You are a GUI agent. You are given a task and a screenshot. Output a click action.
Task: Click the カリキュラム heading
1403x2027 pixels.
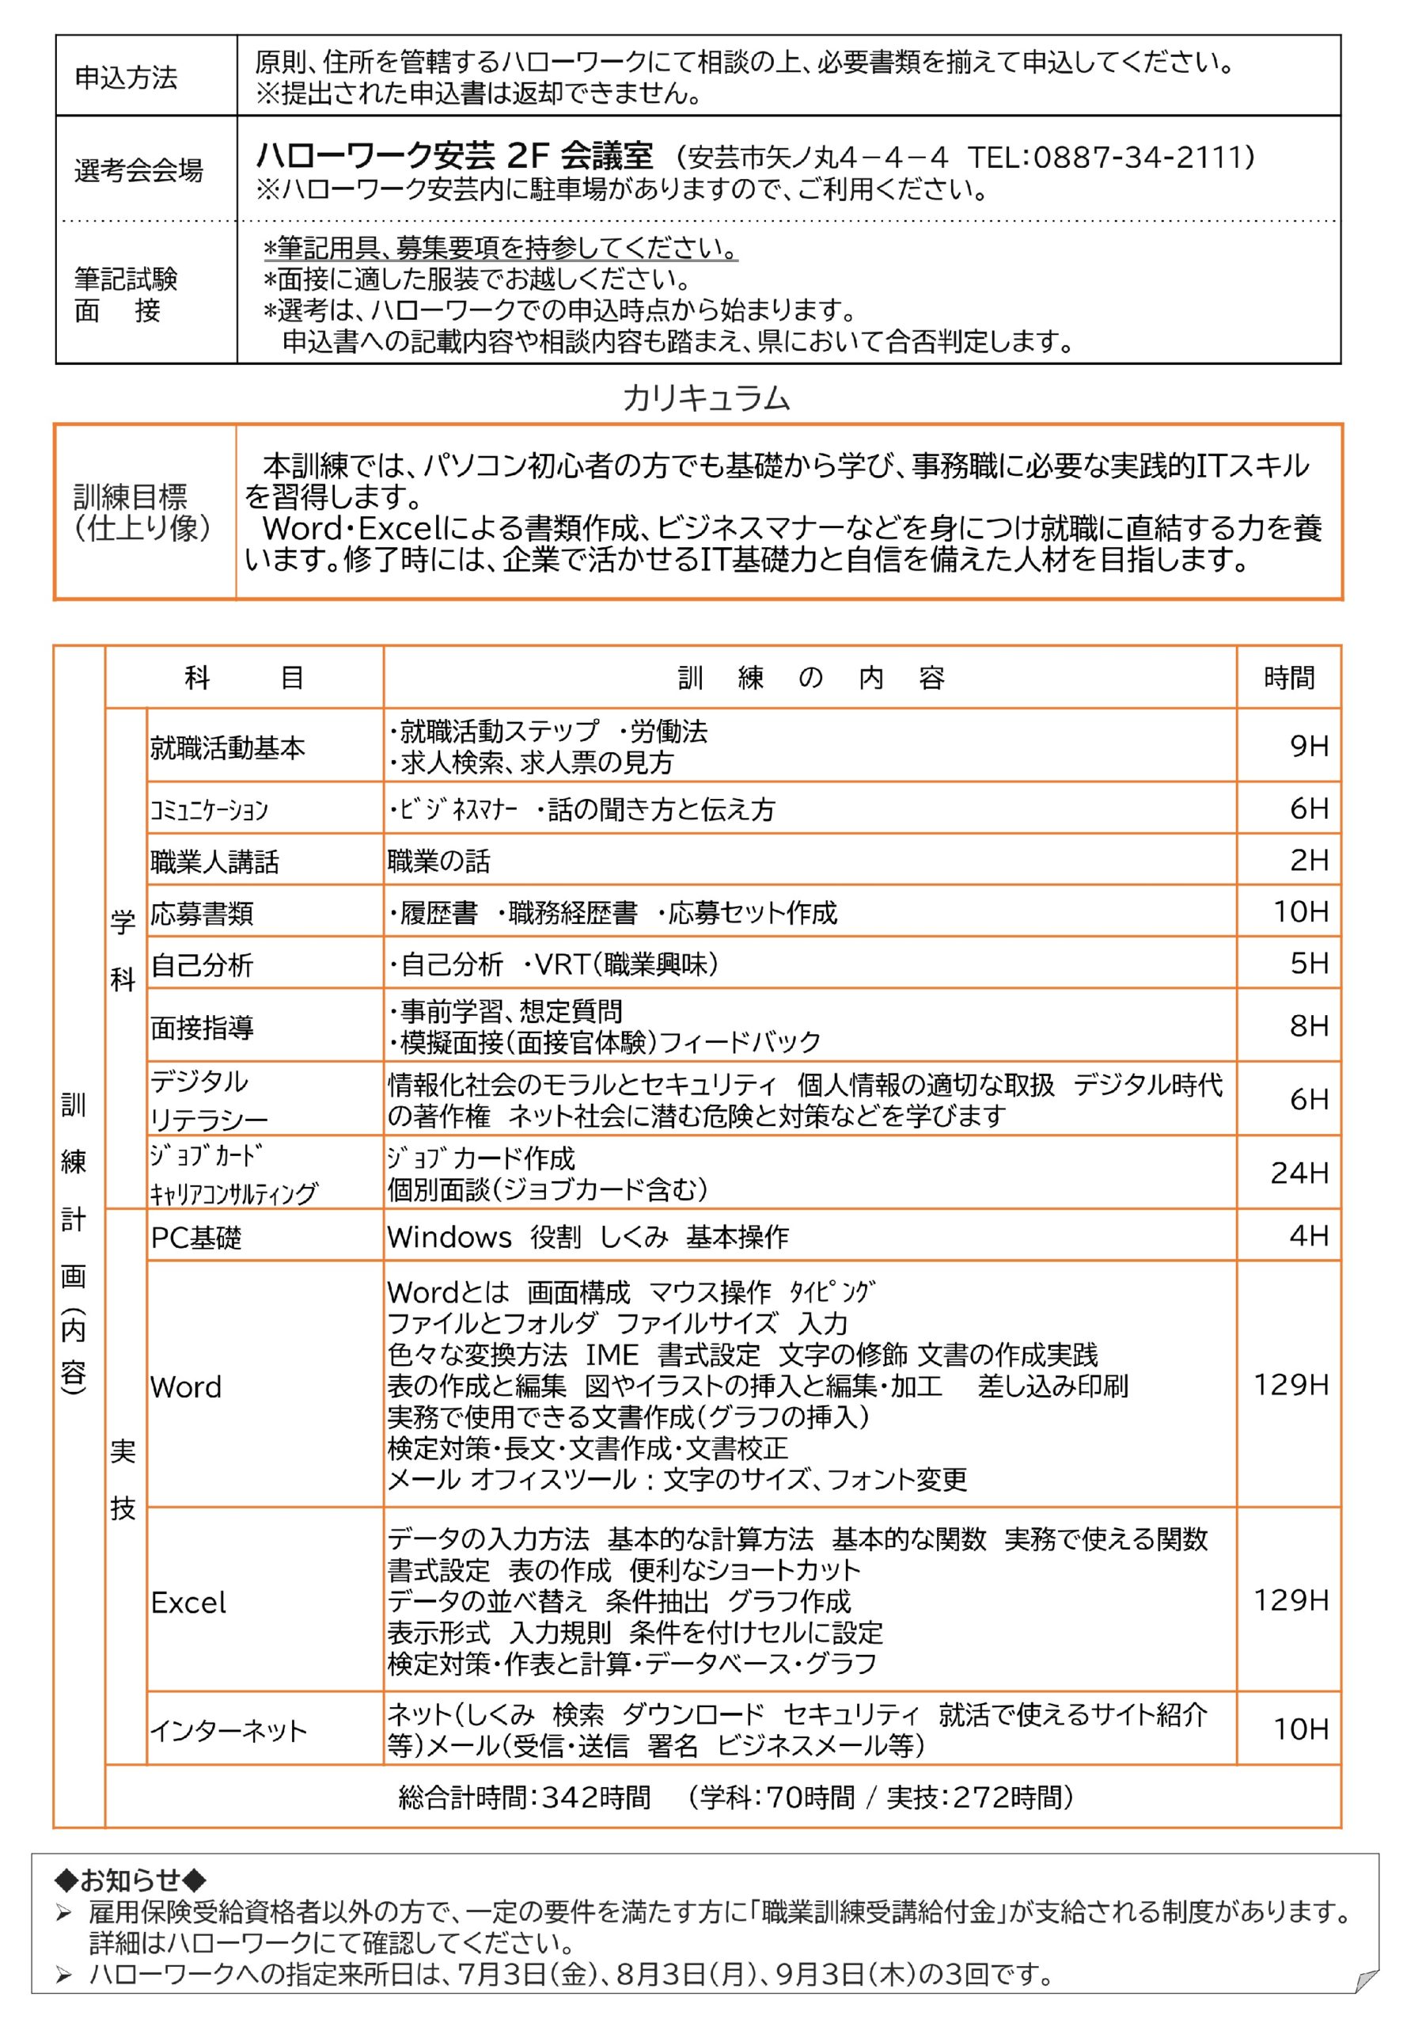pyautogui.click(x=706, y=398)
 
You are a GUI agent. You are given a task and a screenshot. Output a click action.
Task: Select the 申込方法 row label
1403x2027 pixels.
pyautogui.click(x=126, y=78)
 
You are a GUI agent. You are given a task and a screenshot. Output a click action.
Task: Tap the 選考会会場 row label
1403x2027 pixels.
pyautogui.click(x=138, y=169)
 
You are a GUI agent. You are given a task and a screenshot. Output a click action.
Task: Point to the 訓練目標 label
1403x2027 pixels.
pyautogui.click(x=130, y=497)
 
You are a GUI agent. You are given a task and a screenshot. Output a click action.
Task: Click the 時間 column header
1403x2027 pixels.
pyautogui.click(x=1289, y=678)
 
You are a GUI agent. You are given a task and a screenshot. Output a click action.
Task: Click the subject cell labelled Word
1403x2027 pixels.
pyautogui.click(x=187, y=1386)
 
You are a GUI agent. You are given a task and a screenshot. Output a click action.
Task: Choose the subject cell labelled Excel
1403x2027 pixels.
pyautogui.click(x=188, y=1603)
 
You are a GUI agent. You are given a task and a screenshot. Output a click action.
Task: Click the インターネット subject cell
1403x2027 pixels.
pyautogui.click(x=229, y=1731)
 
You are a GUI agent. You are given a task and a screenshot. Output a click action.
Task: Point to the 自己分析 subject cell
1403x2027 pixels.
pyautogui.click(x=203, y=964)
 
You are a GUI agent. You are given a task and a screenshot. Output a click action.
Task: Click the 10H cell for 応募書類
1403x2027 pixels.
pyautogui.click(x=1300, y=911)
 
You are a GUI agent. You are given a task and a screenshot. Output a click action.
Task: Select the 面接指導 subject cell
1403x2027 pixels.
pyautogui.click(x=203, y=1026)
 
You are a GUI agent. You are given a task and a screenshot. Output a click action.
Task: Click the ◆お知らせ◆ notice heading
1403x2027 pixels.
pyautogui.click(x=130, y=1881)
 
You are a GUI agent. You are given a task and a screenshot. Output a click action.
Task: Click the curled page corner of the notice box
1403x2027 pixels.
pyautogui.click(x=1365, y=1980)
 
